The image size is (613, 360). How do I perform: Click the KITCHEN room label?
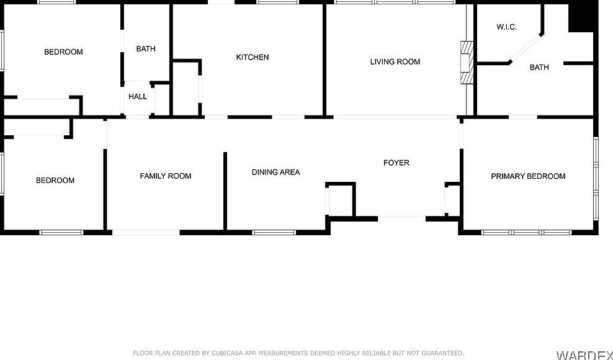point(253,57)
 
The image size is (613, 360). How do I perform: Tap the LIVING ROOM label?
point(395,61)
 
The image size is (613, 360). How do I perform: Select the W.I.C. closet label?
point(507,27)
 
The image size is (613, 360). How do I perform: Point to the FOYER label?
point(396,163)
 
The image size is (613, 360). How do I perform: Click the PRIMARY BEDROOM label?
point(528,176)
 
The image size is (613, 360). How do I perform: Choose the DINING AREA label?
point(276,172)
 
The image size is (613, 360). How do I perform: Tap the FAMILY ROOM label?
point(166,176)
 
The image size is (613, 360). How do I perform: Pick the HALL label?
point(138,96)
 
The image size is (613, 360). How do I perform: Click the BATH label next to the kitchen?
point(146,48)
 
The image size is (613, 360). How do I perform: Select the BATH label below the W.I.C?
point(539,67)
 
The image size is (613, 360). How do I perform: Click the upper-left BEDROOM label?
point(63,52)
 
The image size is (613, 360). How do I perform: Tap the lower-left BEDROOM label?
point(55,180)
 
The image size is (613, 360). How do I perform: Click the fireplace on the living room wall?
point(466,63)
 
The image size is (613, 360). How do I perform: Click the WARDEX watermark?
point(584,355)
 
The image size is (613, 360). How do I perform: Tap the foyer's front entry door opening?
point(402,218)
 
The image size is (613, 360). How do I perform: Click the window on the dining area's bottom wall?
point(274,233)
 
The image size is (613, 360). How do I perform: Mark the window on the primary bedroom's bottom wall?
point(526,233)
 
